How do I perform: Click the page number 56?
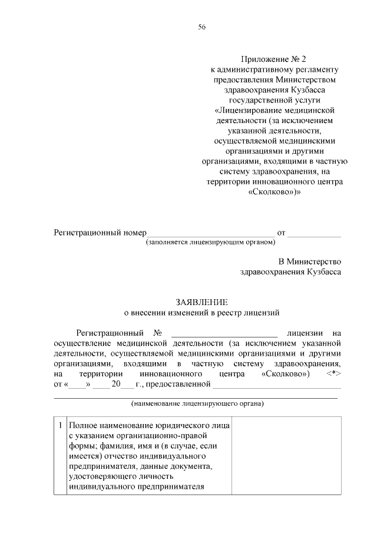[x=202, y=27]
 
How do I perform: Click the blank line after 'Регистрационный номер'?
[x=211, y=233]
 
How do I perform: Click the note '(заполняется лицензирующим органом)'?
[x=210, y=242]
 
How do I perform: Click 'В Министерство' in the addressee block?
[x=310, y=261]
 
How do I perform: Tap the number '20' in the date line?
[x=116, y=385]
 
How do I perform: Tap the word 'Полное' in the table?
[x=81, y=425]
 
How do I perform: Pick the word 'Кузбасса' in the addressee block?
[x=323, y=272]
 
